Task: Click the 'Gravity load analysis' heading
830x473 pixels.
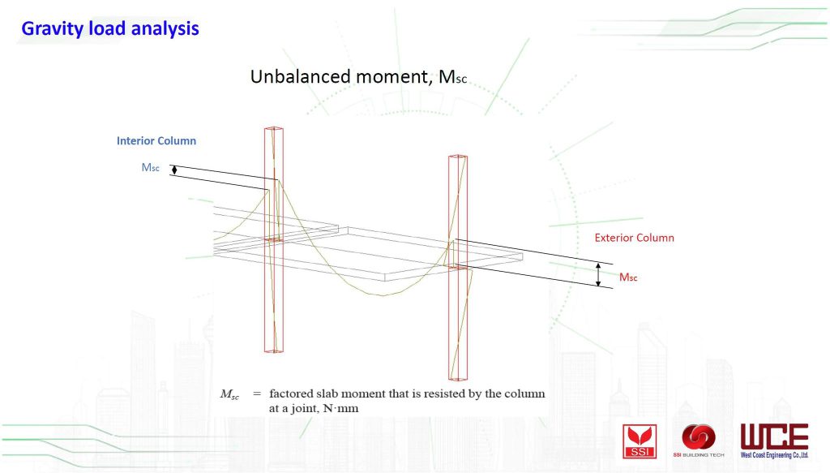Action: coord(110,28)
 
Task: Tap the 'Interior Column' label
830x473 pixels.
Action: coord(156,141)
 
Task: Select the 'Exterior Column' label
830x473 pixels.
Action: coord(634,238)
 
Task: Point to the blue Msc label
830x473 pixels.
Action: coord(150,167)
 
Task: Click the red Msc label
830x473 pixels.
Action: coord(628,277)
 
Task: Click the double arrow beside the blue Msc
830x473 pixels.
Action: coord(174,170)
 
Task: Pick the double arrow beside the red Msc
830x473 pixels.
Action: coord(598,274)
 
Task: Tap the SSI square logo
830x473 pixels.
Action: coord(640,441)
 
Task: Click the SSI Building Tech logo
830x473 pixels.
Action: coord(698,441)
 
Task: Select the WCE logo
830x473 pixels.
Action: coord(774,441)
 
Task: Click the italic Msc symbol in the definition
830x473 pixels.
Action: coord(229,394)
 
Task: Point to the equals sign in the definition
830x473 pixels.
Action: coord(257,394)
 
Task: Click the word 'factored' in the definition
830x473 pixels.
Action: coord(291,393)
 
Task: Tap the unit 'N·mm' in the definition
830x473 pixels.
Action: coord(340,408)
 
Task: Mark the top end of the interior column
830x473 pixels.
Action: coord(274,128)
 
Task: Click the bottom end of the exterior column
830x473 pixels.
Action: coord(458,378)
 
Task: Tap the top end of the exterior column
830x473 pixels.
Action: coord(458,157)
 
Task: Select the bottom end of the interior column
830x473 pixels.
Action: coord(274,350)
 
